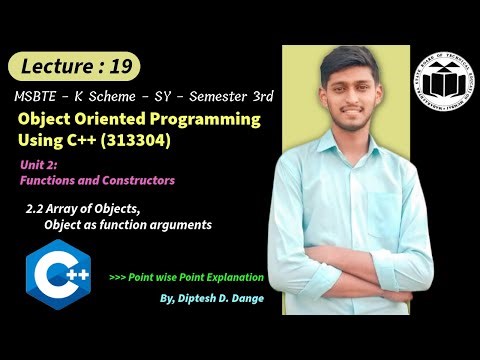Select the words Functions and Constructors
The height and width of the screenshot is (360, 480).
click(97, 181)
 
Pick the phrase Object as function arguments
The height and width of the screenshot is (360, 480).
click(127, 225)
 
